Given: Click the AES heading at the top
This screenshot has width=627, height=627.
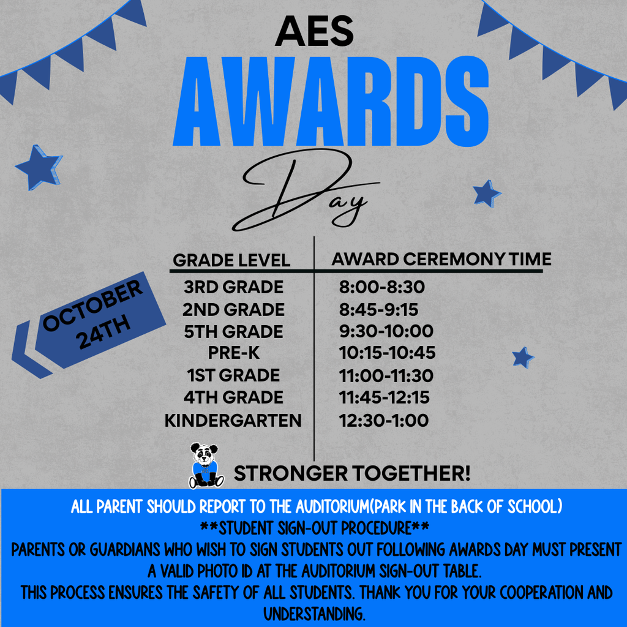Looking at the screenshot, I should [x=314, y=32].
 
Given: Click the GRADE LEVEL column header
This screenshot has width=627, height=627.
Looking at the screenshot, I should [x=231, y=260].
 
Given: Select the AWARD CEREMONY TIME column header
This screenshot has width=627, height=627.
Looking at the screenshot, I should [x=441, y=258].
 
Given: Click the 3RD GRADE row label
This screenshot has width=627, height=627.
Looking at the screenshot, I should [x=233, y=287].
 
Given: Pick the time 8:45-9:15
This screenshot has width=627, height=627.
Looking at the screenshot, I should [x=378, y=309].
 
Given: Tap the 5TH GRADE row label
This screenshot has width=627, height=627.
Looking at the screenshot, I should [x=233, y=331].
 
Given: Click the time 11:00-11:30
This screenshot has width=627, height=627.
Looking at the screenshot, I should [x=386, y=375].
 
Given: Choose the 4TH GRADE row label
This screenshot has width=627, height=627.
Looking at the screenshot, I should [x=233, y=397].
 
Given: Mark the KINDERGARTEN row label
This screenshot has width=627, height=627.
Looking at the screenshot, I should [x=233, y=420].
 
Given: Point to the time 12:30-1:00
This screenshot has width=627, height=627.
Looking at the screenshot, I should [x=383, y=420].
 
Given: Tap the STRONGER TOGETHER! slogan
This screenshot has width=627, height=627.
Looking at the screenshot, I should [x=353, y=473].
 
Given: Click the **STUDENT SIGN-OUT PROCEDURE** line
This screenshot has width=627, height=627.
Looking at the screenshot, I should [x=314, y=528].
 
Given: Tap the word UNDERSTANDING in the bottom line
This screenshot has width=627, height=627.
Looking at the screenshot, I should [x=314, y=613].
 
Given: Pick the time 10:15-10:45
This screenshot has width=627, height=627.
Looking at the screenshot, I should [x=387, y=353].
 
